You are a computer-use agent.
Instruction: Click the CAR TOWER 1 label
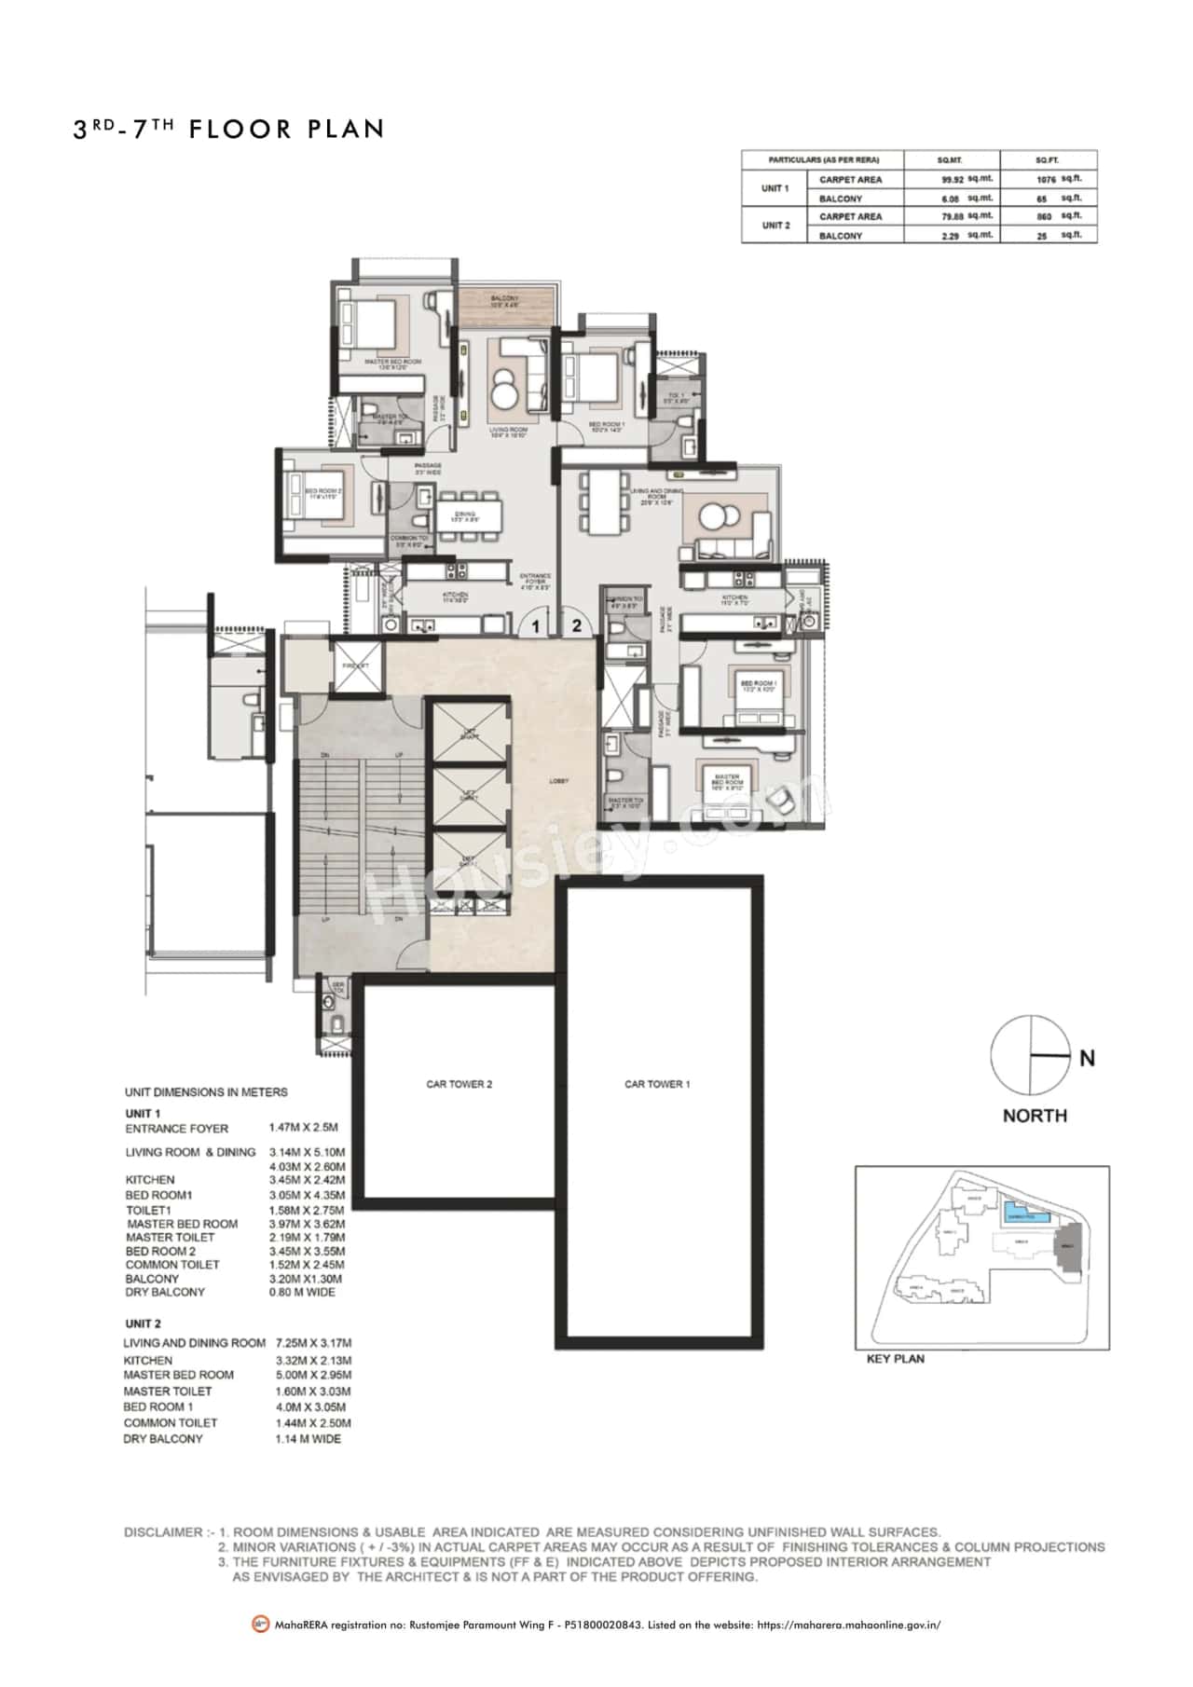point(657,1084)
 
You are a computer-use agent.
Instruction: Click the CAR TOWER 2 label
point(459,1084)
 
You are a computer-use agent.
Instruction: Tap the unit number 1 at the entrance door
point(536,627)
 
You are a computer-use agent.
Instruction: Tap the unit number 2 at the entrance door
point(576,625)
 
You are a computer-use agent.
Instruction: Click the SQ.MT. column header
point(950,160)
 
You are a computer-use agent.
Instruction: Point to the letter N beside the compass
point(1087,1058)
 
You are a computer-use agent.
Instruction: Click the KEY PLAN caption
point(895,1359)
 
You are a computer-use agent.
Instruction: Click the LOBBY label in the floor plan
point(558,781)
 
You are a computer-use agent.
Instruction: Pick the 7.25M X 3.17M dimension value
point(313,1343)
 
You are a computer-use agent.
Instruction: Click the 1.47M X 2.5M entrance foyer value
point(303,1128)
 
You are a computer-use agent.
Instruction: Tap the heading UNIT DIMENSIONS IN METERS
point(206,1091)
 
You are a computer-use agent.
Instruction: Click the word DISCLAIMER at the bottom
point(163,1532)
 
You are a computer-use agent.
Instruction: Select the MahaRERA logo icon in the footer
point(260,1625)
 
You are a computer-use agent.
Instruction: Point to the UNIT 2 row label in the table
point(775,226)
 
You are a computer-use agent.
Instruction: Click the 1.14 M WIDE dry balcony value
point(308,1439)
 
